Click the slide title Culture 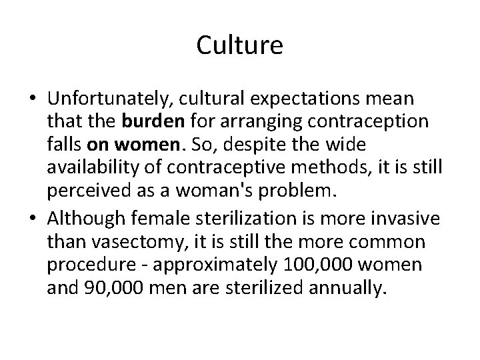(240, 46)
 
